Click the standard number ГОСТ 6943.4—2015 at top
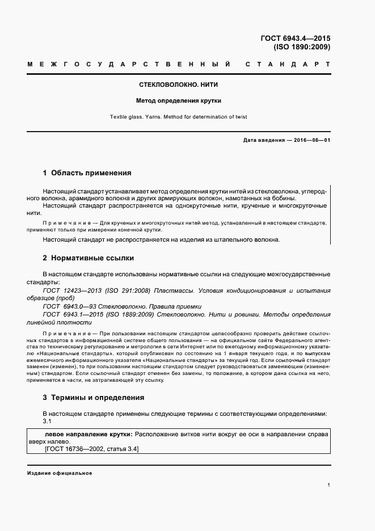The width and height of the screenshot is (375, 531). click(x=295, y=39)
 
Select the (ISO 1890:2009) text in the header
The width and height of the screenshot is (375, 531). click(x=302, y=47)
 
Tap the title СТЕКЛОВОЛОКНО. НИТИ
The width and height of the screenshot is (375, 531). click(x=179, y=85)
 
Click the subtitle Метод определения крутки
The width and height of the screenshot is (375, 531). click(x=179, y=101)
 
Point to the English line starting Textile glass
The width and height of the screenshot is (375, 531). click(x=179, y=117)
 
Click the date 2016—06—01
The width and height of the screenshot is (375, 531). click(x=310, y=140)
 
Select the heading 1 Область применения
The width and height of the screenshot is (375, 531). click(x=87, y=172)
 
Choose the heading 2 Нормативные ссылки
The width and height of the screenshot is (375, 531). click(x=89, y=258)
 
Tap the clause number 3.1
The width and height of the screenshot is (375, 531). click(x=48, y=422)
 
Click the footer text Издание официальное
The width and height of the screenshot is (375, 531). click(x=59, y=473)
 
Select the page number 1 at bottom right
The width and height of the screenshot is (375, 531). click(x=329, y=485)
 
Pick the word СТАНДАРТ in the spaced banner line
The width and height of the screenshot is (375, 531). click(x=287, y=65)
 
